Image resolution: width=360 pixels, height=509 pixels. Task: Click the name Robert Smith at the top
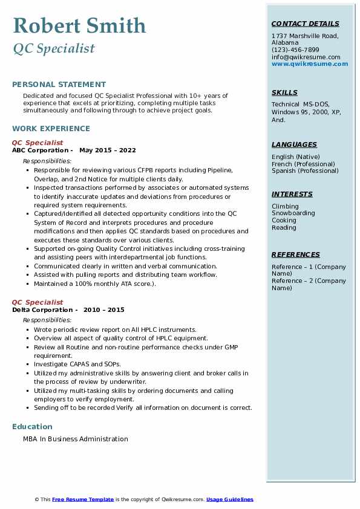point(79,26)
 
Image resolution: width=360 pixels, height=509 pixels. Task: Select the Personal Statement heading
point(59,85)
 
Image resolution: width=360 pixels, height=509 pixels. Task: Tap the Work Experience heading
point(51,128)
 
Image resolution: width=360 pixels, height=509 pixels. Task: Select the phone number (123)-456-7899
point(295,50)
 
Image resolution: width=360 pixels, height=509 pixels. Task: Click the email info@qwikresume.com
point(306,57)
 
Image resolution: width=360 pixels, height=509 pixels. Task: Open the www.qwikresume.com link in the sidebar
point(310,64)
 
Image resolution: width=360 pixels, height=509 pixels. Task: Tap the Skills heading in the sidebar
point(284,92)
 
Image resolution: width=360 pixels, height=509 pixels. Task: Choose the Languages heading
point(294,144)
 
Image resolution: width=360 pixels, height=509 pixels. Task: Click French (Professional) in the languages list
point(303,164)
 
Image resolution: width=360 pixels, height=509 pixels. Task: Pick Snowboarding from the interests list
point(293,213)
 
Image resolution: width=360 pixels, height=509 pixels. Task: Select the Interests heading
point(292,194)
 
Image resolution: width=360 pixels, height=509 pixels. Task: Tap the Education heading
point(32,427)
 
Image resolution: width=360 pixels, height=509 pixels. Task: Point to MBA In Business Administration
point(76,439)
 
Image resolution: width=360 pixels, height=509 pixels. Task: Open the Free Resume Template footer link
point(83,499)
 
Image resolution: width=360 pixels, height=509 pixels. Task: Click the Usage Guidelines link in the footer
point(230,499)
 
